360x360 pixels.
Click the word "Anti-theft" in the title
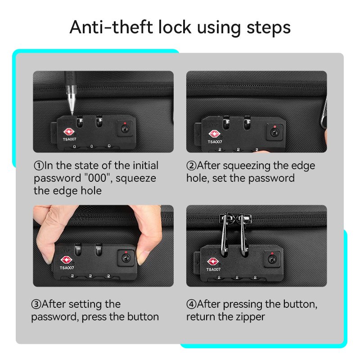point(111,27)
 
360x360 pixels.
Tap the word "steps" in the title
point(269,28)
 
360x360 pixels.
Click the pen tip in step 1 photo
point(72,114)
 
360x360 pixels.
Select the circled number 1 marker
point(39,166)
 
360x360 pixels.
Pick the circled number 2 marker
point(191,166)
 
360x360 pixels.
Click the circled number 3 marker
point(36,304)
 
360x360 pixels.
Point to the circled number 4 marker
point(191,304)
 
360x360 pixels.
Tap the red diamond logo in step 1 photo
point(69,132)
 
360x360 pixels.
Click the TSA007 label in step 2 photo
point(215,142)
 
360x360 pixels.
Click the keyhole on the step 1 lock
point(125,129)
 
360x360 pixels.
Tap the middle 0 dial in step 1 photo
point(92,146)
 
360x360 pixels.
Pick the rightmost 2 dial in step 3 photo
point(108,276)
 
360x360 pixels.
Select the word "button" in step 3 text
point(143,317)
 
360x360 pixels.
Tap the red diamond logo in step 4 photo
point(212,262)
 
